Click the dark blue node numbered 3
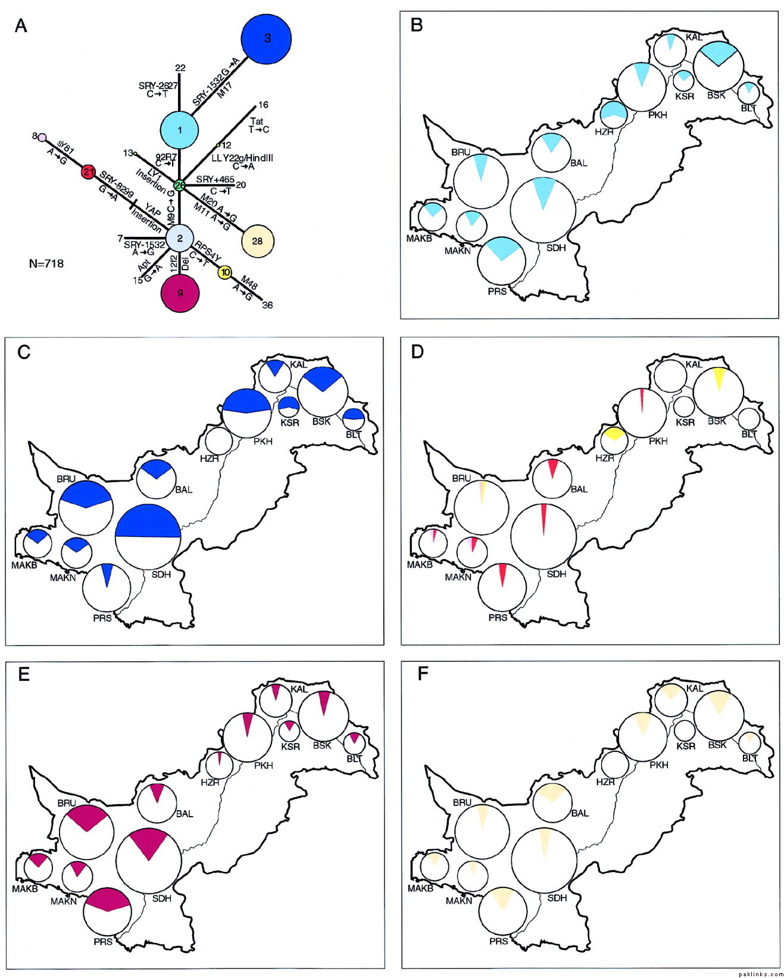point(267,39)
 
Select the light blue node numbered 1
point(180,130)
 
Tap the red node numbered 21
point(88,173)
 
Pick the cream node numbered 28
point(257,241)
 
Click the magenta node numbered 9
point(180,293)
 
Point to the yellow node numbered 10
point(224,273)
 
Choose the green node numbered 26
point(180,185)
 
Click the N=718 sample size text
point(46,263)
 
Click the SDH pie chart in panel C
point(148,537)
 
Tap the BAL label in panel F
point(579,813)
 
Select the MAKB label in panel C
point(24,565)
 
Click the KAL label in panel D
point(694,364)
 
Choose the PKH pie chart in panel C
point(246,413)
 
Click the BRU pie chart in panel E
point(87,829)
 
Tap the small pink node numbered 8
point(42,138)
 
